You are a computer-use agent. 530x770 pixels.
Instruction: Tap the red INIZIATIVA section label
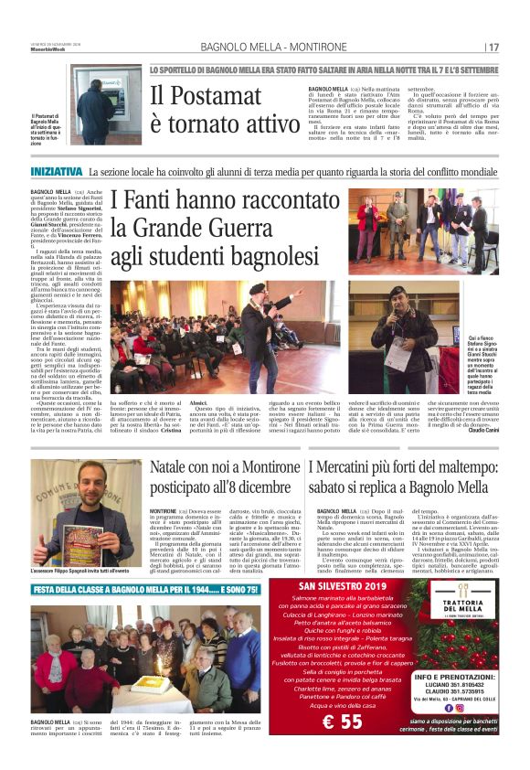point(56,171)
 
